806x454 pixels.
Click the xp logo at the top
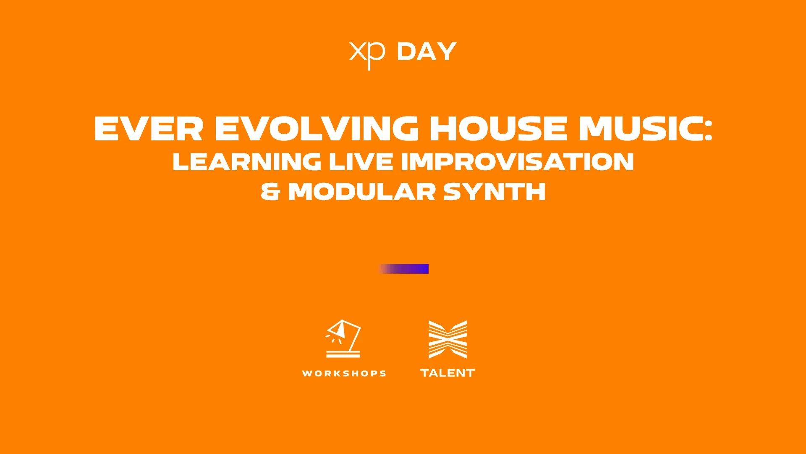[367, 55]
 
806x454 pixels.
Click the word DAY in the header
[427, 52]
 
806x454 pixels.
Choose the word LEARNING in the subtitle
[247, 162]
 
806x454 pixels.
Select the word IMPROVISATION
[517, 162]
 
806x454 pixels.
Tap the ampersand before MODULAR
[270, 192]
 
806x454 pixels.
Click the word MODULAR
[361, 192]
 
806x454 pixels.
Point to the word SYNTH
[494, 192]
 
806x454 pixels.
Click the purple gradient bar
[403, 269]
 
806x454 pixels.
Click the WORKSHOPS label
[344, 373]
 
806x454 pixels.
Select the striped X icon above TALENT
[447, 339]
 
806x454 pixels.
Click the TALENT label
[447, 373]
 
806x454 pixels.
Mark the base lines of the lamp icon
[343, 354]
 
